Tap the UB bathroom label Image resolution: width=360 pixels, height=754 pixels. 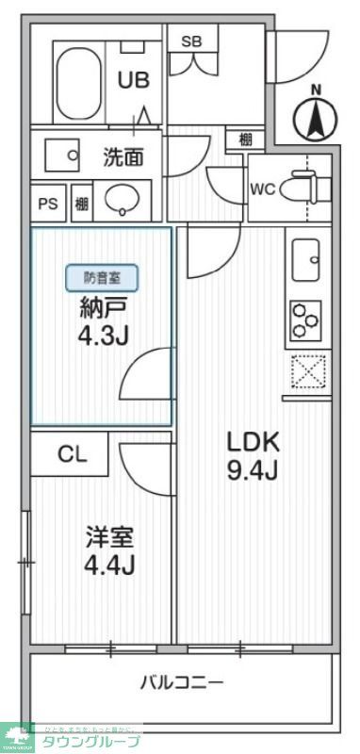click(133, 81)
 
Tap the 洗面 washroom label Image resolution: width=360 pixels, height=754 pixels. click(123, 156)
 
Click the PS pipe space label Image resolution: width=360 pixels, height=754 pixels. click(46, 203)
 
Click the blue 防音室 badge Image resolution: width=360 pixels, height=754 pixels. click(102, 277)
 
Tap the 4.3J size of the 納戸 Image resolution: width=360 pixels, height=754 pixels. click(102, 334)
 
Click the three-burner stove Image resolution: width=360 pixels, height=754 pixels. click(306, 320)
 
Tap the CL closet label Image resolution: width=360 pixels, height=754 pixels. click(73, 454)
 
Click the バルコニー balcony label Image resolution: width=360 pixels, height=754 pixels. click(183, 681)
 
